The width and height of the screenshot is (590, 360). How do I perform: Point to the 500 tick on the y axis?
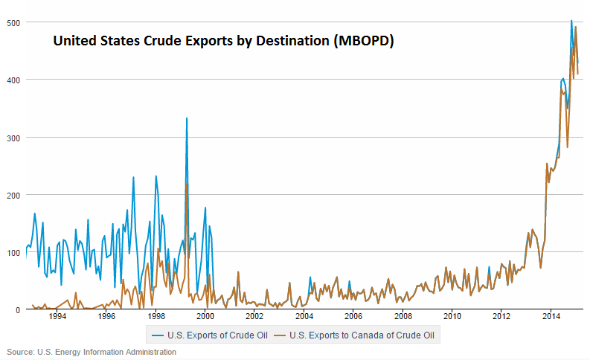12,22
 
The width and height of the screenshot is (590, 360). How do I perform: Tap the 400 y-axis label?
12,80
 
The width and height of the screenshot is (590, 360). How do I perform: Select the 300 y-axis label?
12,137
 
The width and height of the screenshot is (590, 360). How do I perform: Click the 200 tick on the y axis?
12,194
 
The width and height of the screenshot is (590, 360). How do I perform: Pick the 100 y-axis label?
12,252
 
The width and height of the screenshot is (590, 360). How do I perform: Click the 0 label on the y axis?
18,309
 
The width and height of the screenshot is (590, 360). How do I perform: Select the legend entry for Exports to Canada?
364,335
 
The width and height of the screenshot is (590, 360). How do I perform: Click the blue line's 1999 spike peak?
187,118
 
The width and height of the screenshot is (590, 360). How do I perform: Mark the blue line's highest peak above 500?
571,21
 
